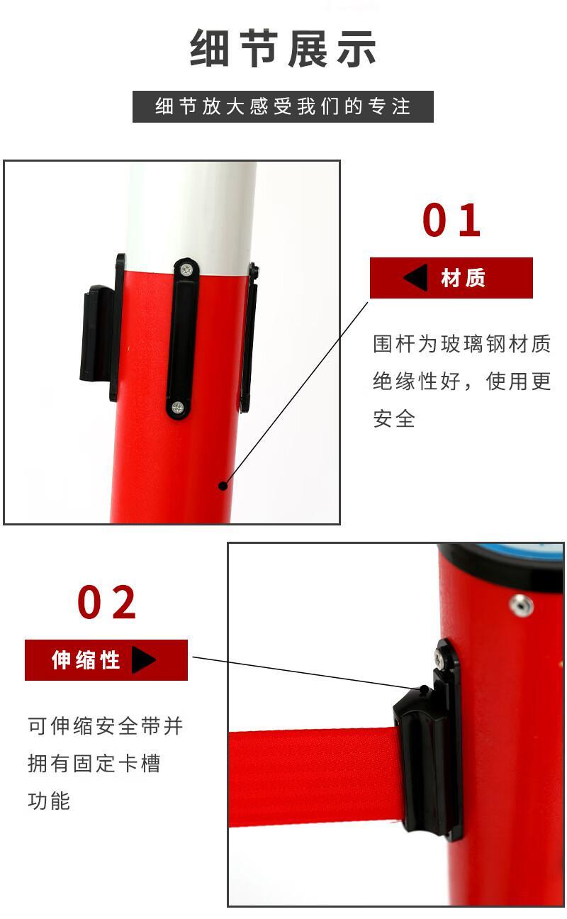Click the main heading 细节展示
[283, 48]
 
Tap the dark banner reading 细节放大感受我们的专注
[283, 106]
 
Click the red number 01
[451, 221]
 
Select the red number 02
[106, 602]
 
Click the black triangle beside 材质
[417, 278]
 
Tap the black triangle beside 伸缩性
[143, 659]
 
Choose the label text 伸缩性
[86, 660]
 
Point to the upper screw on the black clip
[187, 269]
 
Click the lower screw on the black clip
[177, 408]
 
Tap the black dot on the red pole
[223, 486]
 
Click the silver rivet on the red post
[521, 605]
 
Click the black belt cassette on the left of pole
[97, 333]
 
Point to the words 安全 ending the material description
[394, 419]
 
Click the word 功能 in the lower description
[49, 801]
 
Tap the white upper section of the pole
[191, 213]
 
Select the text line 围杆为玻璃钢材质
[461, 343]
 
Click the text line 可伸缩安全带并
[105, 725]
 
